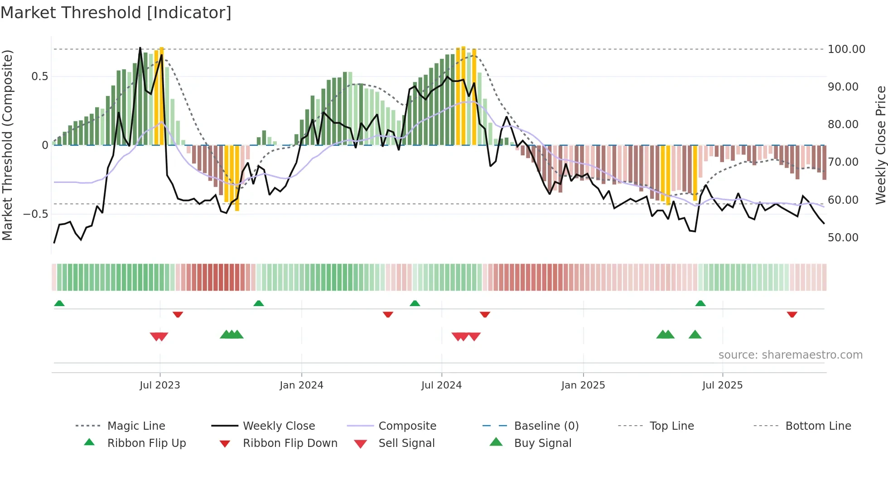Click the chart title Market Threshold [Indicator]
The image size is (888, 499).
pos(116,13)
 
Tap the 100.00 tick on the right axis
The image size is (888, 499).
pos(846,49)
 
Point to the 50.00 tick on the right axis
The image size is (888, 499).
pos(843,237)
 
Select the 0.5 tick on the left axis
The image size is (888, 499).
pos(39,77)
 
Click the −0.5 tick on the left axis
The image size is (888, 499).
pos(36,214)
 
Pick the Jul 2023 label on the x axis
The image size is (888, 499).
pos(159,385)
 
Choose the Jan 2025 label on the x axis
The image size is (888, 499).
pos(583,385)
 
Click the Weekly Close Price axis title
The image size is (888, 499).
pos(880,145)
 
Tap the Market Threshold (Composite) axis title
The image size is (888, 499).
pos(7,145)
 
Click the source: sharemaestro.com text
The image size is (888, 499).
pos(790,355)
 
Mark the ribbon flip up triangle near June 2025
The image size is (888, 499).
pos(700,303)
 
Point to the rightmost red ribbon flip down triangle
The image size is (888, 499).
pos(792,314)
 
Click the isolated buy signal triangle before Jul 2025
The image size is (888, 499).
pos(695,335)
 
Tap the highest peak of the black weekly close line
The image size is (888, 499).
pos(140,48)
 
